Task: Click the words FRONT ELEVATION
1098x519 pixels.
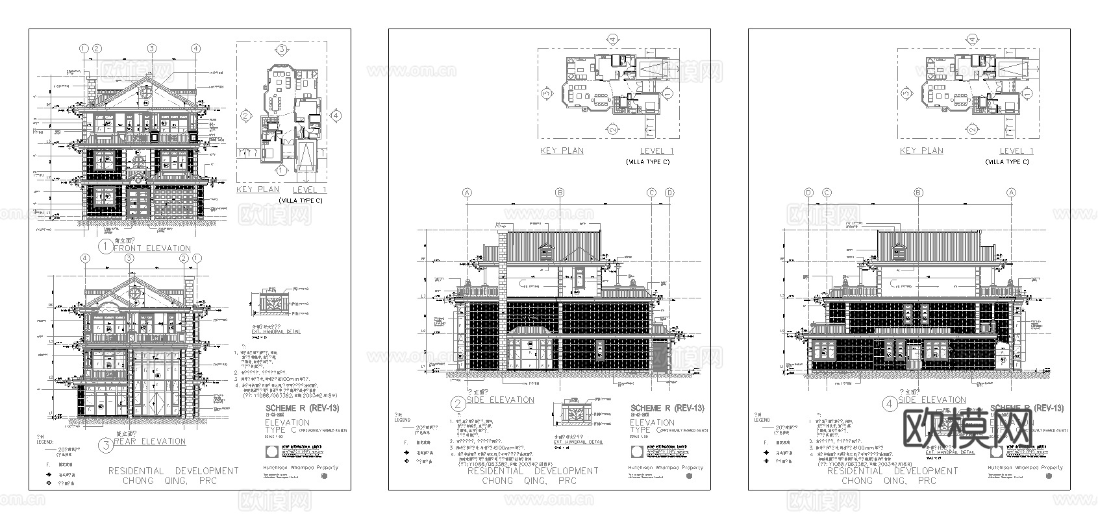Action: click(x=152, y=248)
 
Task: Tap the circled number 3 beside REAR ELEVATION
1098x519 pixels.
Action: click(x=106, y=445)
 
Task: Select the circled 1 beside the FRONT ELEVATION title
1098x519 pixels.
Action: click(x=105, y=247)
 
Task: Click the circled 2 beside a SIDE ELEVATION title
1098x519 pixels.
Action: click(x=459, y=404)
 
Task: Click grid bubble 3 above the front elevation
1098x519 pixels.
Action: click(x=151, y=49)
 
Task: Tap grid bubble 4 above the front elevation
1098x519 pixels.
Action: click(x=195, y=49)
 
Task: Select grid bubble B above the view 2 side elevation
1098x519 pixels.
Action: click(x=560, y=193)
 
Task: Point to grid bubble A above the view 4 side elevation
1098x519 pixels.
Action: click(x=1011, y=193)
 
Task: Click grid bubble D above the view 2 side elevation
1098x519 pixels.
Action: click(x=669, y=193)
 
